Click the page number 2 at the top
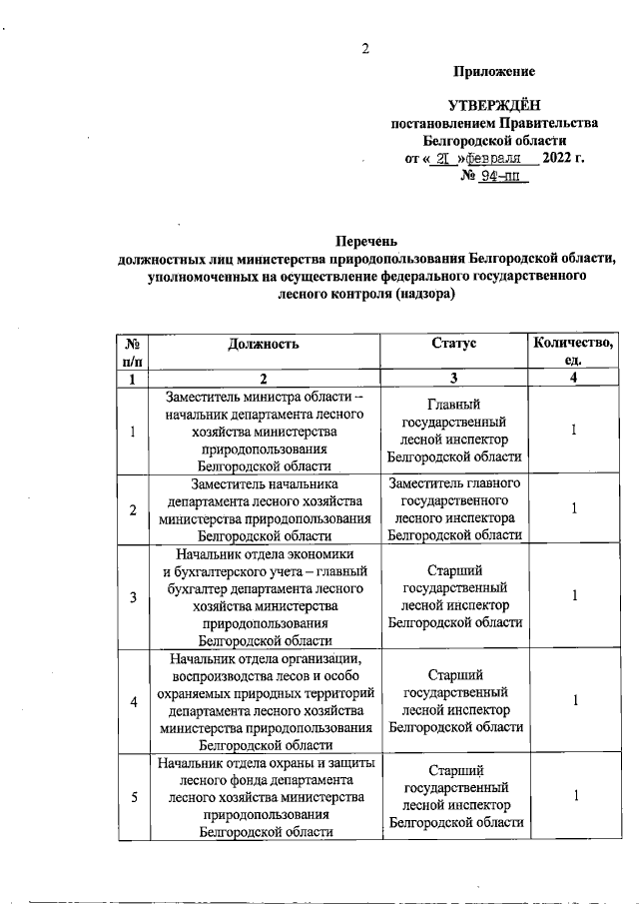click(365, 49)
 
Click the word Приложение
click(493, 72)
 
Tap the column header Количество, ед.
click(574, 352)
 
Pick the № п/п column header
click(132, 352)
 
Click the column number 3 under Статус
click(454, 379)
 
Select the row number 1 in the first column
click(133, 431)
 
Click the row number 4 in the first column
click(133, 700)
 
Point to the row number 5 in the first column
click(133, 796)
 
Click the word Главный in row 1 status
click(454, 405)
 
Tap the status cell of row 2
click(454, 508)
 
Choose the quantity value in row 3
click(574, 596)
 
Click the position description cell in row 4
click(265, 700)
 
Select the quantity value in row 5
click(574, 796)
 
